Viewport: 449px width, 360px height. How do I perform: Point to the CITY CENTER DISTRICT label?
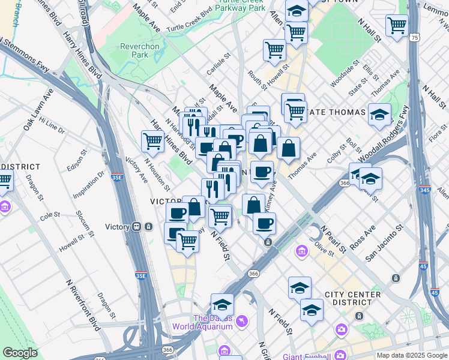pyautogui.click(x=352, y=298)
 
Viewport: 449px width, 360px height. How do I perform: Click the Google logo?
pyautogui.click(x=20, y=353)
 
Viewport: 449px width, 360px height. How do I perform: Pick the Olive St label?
pyautogui.click(x=324, y=246)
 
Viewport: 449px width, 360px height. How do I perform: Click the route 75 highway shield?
pyautogui.click(x=415, y=38)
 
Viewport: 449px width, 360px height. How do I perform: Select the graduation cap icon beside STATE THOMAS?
pyautogui.click(x=379, y=113)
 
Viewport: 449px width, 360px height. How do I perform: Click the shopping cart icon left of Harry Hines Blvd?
pyautogui.click(x=152, y=142)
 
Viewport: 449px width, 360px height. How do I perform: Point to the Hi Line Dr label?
pyautogui.click(x=51, y=125)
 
